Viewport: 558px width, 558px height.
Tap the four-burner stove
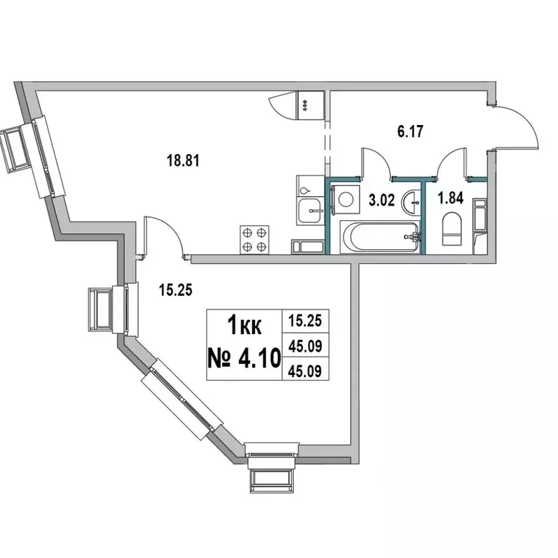click(x=255, y=239)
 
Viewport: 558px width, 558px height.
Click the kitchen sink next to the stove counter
click(x=311, y=211)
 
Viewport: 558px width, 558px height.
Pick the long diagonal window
click(x=182, y=402)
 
